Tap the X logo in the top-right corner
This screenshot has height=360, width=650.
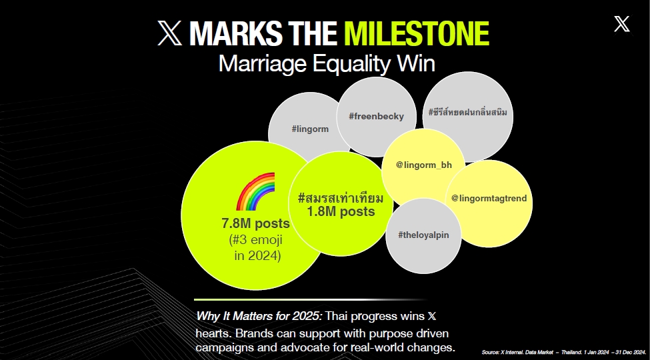[x=622, y=24]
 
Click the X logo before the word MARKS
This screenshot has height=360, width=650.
[x=169, y=33]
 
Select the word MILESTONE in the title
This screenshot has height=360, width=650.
[x=417, y=33]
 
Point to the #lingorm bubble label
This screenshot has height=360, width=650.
[x=310, y=129]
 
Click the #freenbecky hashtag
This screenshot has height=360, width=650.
[x=377, y=117]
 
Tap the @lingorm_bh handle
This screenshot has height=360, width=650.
[x=423, y=165]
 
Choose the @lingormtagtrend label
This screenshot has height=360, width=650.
[x=489, y=198]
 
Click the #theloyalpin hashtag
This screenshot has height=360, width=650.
[x=423, y=235]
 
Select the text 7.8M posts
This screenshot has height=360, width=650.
[x=255, y=223]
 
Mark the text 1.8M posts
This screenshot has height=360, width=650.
[x=341, y=211]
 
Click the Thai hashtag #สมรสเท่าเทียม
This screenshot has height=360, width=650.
[x=341, y=197]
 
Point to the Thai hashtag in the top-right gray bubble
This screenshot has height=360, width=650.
[x=467, y=113]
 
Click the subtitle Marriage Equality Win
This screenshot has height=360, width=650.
[x=327, y=64]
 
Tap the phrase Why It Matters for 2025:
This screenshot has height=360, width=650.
[x=259, y=316]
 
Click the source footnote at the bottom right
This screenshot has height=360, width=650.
[x=563, y=352]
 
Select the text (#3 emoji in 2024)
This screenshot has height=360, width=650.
[x=256, y=247]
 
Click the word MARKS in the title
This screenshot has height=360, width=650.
[x=237, y=33]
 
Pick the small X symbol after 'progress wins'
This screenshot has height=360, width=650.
[x=432, y=317]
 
